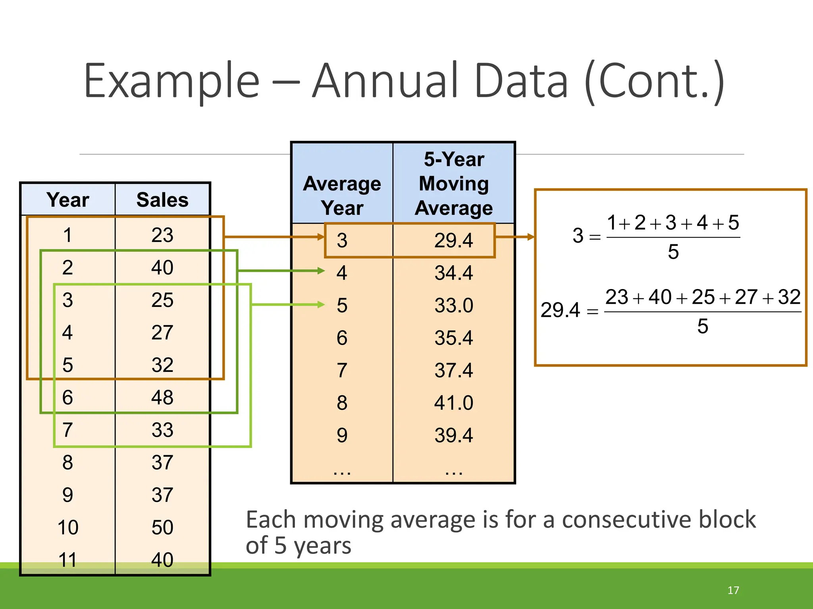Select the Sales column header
click(x=162, y=199)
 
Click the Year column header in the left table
click(x=68, y=199)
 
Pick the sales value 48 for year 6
click(x=162, y=397)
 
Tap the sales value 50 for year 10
click(x=162, y=527)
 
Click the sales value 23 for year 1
click(x=162, y=235)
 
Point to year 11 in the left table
click(x=67, y=560)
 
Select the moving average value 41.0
click(x=454, y=403)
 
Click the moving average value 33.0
click(x=454, y=305)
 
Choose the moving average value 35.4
click(x=454, y=338)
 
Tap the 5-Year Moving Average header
click(x=454, y=184)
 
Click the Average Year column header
click(x=342, y=195)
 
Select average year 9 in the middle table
click(x=342, y=435)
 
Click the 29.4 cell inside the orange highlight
click(x=454, y=240)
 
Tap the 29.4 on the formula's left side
click(x=560, y=310)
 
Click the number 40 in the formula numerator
click(x=660, y=297)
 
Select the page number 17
click(x=733, y=590)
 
